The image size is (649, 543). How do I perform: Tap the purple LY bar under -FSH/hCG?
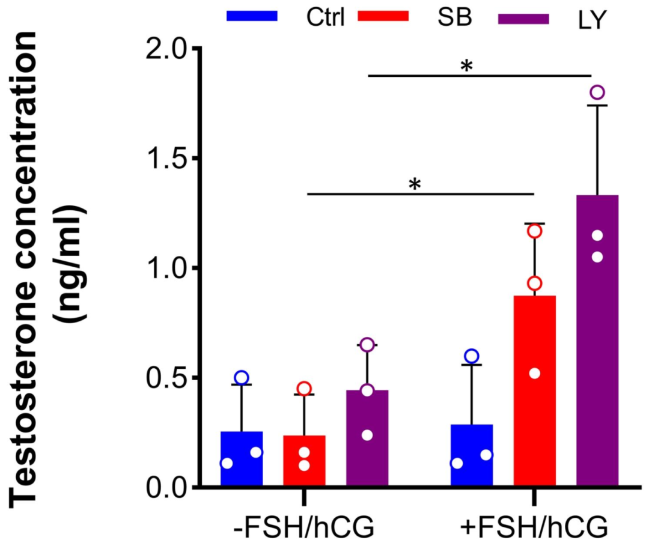[x=367, y=438]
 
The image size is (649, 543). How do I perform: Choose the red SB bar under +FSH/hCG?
[x=535, y=390]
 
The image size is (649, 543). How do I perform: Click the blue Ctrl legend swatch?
[x=252, y=17]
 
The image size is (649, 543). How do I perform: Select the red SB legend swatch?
[x=383, y=17]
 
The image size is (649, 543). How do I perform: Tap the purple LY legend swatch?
[x=524, y=19]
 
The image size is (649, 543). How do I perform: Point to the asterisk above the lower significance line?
[x=414, y=184]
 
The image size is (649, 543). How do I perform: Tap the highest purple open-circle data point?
[x=597, y=93]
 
